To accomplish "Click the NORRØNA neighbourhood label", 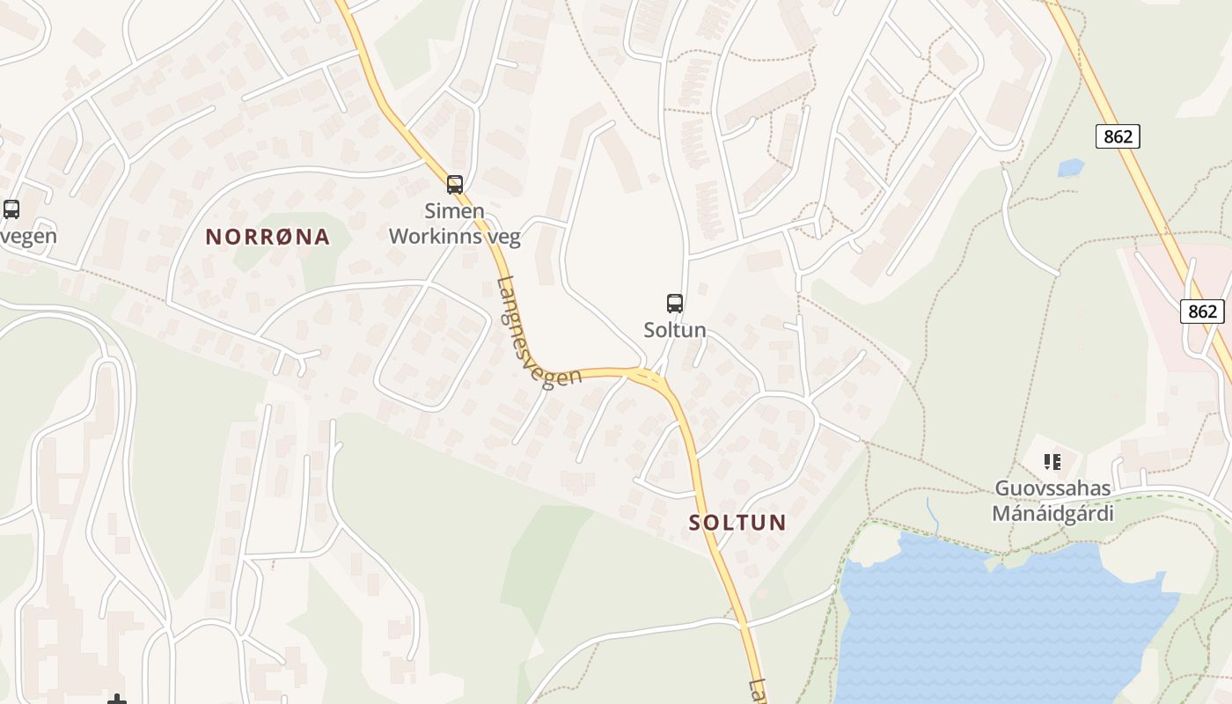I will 268,237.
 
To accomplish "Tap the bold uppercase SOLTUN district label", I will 737,523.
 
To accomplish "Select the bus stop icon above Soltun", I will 675,304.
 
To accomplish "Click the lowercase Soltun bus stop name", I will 675,330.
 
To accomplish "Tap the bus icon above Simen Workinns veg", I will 455,185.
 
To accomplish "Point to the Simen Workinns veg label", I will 455,224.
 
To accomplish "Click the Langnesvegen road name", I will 538,333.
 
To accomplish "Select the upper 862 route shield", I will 1118,136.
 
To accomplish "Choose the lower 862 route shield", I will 1201,311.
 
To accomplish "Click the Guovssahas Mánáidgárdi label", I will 1052,501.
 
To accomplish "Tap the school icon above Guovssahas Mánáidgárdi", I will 1052,461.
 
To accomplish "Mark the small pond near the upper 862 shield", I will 1070,167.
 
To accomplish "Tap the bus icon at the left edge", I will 11,209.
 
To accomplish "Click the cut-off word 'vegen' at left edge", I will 28,236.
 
